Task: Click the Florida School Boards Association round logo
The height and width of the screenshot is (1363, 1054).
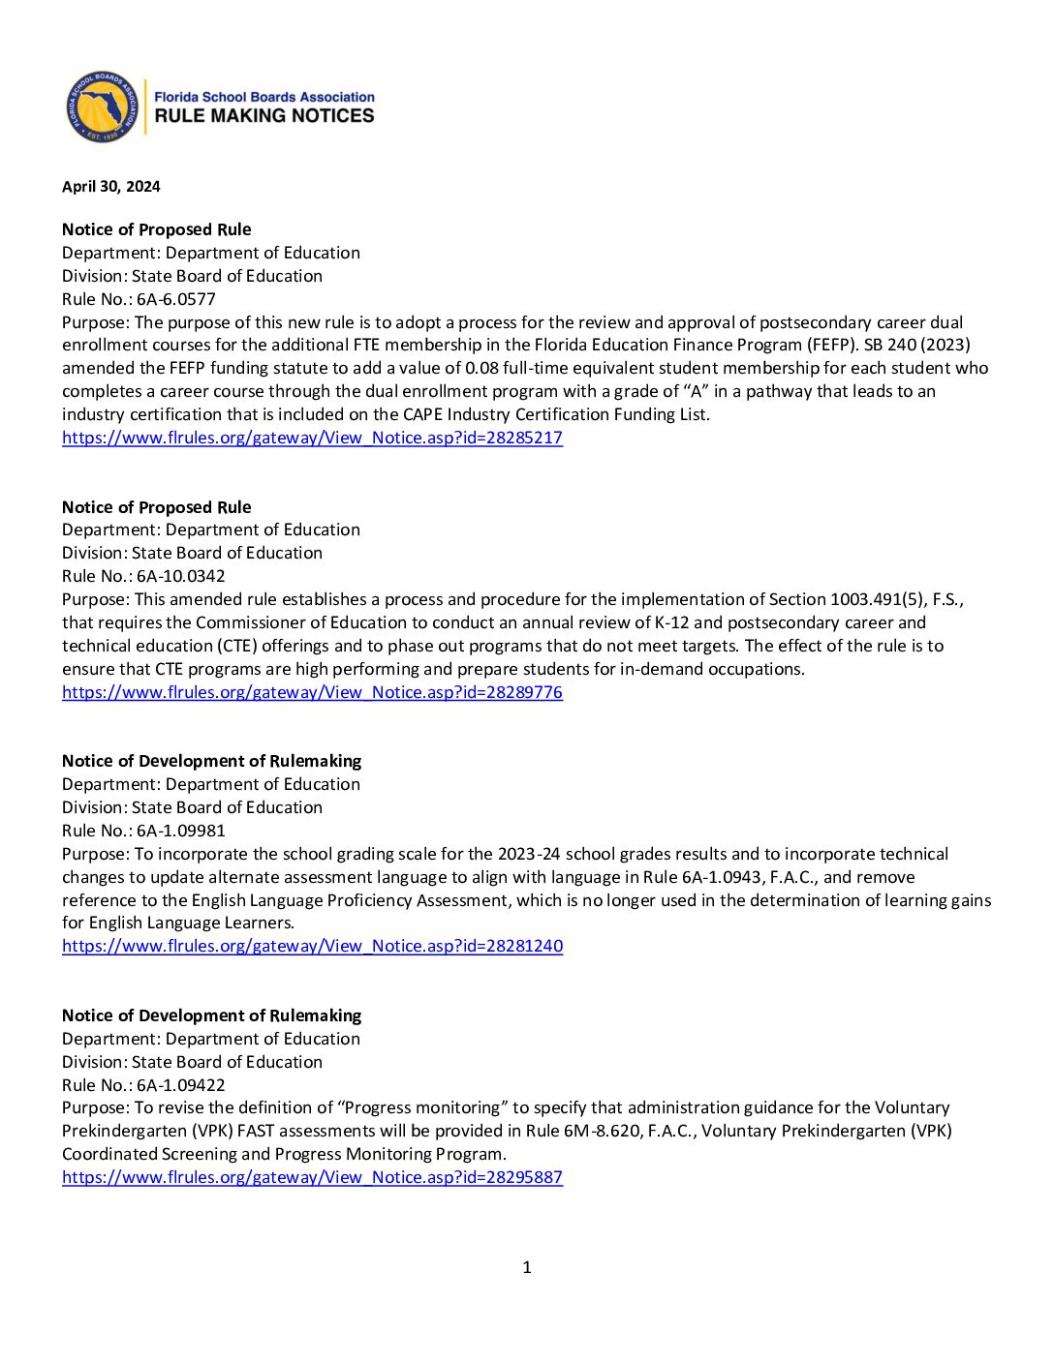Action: pos(102,106)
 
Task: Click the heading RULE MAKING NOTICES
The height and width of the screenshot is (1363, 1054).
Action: pos(264,116)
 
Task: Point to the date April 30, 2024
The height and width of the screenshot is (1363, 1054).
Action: pos(111,187)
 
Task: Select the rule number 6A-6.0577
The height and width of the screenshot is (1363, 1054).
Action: pos(176,299)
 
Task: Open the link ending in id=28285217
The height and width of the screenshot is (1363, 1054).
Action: pos(312,438)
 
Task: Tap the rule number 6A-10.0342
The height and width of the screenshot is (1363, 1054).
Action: pos(181,576)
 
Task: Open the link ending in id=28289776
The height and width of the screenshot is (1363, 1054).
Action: pos(312,692)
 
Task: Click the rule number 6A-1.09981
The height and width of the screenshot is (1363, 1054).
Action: pos(181,831)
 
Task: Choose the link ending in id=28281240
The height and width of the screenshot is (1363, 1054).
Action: pos(312,946)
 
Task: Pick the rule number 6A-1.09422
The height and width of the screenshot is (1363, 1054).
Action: pos(181,1085)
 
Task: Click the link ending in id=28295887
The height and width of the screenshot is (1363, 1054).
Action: pos(312,1177)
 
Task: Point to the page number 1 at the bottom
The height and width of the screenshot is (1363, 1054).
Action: pos(527,1267)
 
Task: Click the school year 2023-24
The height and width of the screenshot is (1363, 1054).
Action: pos(529,854)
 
